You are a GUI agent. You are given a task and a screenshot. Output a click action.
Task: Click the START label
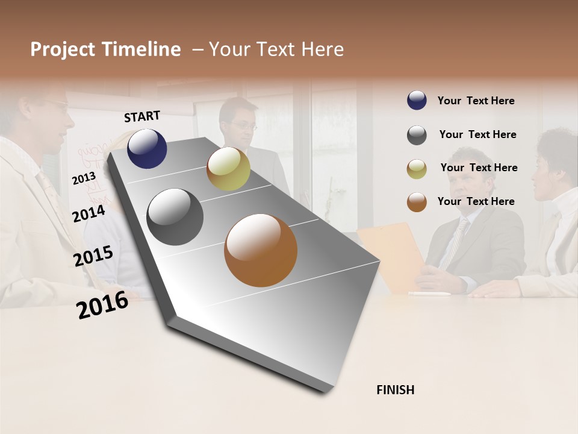[x=142, y=116]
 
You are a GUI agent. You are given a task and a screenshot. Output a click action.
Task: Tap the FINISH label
[x=395, y=390]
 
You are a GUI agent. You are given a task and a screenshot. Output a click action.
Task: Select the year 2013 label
[x=84, y=178]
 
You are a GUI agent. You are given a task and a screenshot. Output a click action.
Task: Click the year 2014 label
[x=89, y=213]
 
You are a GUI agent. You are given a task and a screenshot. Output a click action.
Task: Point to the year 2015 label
[x=93, y=256]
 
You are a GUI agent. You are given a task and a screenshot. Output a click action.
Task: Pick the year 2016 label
[x=102, y=305]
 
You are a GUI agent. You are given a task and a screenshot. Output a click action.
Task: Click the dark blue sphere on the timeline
[x=147, y=148]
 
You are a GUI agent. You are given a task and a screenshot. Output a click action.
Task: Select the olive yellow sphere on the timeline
[x=228, y=169]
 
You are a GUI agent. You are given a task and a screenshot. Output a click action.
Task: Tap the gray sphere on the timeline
[x=175, y=217]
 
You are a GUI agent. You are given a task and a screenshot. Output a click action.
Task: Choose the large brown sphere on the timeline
[x=261, y=250]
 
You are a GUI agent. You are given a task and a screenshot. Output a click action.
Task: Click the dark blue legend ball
[x=417, y=101]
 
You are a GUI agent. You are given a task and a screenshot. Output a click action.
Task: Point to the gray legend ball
[x=417, y=135]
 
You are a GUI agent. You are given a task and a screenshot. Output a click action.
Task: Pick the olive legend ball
[x=417, y=169]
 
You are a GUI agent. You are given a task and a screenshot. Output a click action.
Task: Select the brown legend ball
[x=417, y=203]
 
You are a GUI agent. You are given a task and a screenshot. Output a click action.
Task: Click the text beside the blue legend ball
[x=476, y=101]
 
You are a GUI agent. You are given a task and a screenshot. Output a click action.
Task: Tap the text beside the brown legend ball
[x=476, y=201]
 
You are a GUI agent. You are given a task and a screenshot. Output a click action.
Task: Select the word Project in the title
[x=63, y=50]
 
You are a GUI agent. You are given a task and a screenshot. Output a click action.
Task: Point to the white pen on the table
[x=429, y=294]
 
